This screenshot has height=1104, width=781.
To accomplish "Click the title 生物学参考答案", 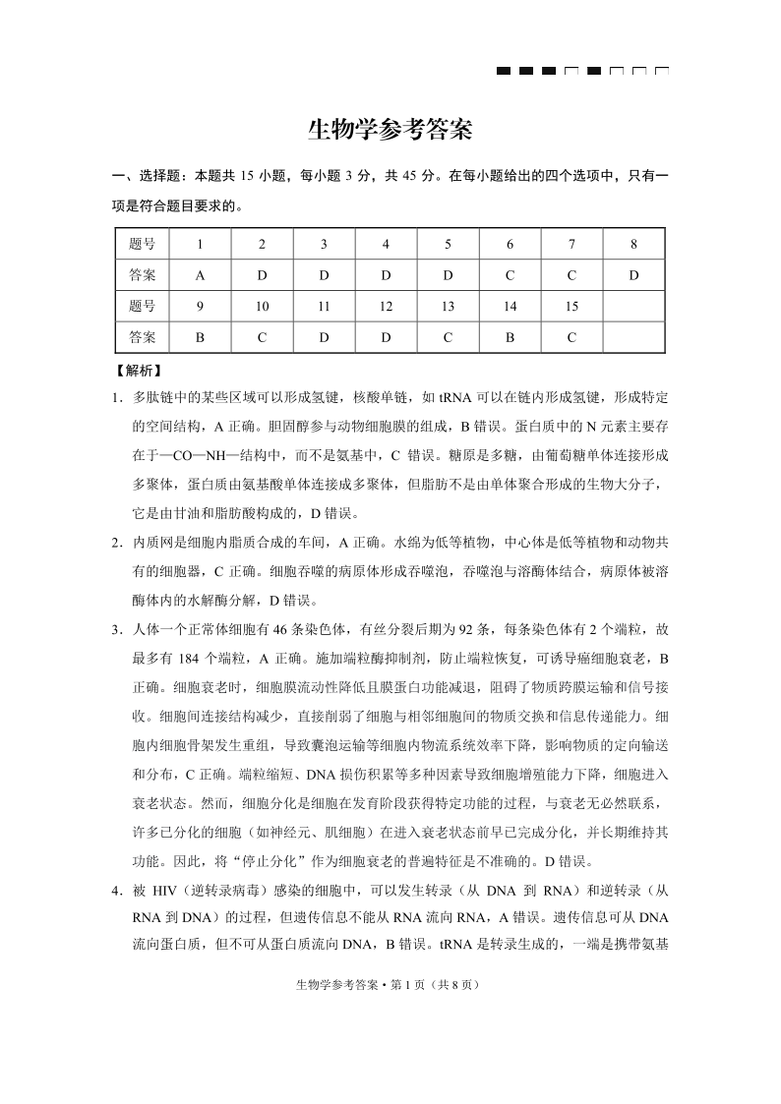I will point(390,130).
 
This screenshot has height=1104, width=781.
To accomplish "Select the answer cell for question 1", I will point(200,275).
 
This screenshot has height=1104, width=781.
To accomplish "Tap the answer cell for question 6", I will point(510,275).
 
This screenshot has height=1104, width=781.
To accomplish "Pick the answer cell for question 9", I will point(200,337).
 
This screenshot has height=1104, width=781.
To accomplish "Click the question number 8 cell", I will point(633,244).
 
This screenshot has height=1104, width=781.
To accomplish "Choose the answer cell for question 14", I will point(510,337).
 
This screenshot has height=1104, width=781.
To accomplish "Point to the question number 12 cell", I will point(386,307).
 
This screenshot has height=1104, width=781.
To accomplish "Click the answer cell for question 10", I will point(262,337).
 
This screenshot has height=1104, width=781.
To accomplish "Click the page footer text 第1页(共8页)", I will point(390,984).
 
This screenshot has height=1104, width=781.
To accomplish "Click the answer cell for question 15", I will point(571,337).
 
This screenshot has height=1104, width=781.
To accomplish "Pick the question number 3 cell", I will point(324,244).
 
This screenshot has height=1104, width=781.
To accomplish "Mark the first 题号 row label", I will point(142,244).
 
